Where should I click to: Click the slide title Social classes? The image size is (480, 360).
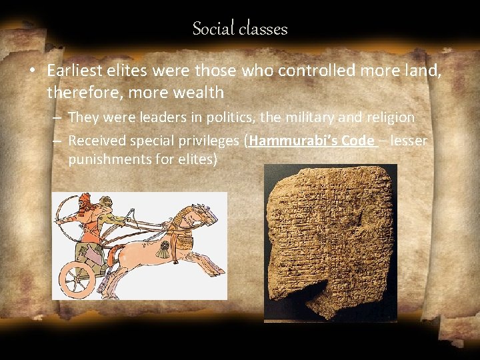click(x=240, y=29)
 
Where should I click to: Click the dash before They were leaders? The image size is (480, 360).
click(x=57, y=118)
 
